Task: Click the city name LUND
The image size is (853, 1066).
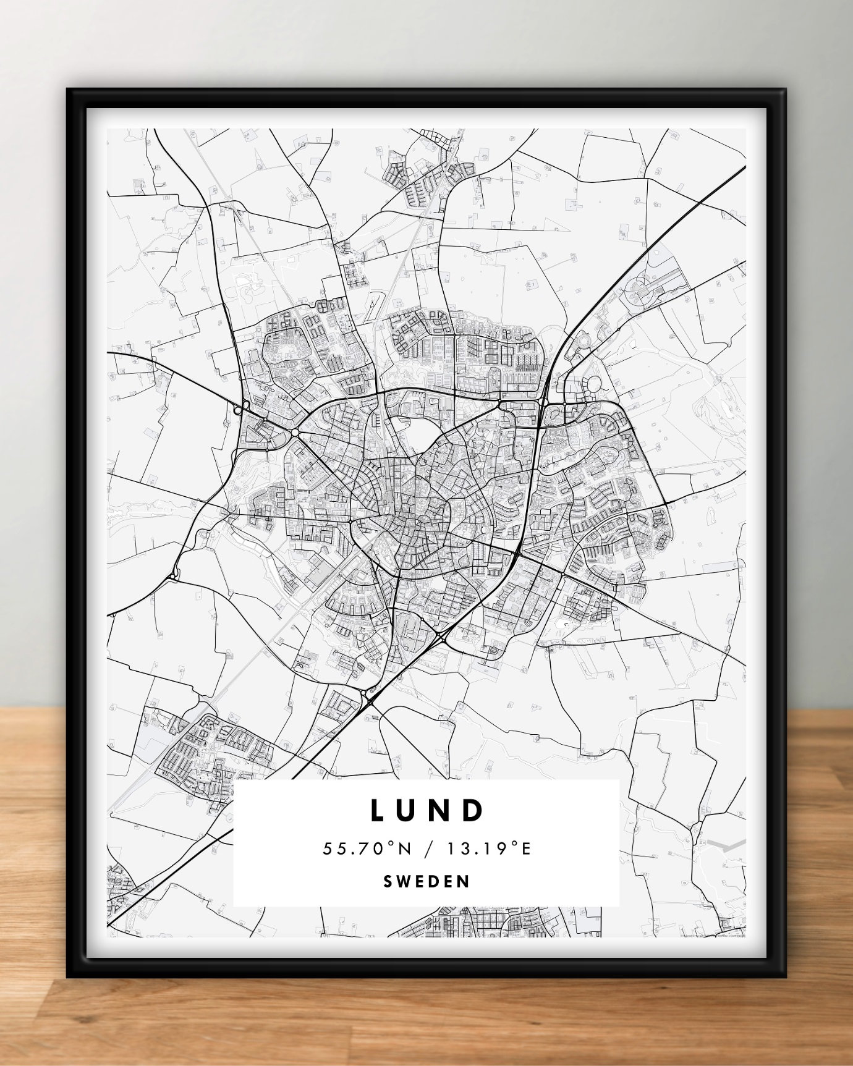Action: (426, 811)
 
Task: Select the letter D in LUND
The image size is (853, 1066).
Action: (474, 811)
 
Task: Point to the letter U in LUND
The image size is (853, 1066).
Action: (409, 811)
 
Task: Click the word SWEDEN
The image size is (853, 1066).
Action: (426, 881)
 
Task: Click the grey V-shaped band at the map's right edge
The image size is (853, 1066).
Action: (726, 845)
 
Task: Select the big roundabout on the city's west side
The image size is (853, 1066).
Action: (294, 432)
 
